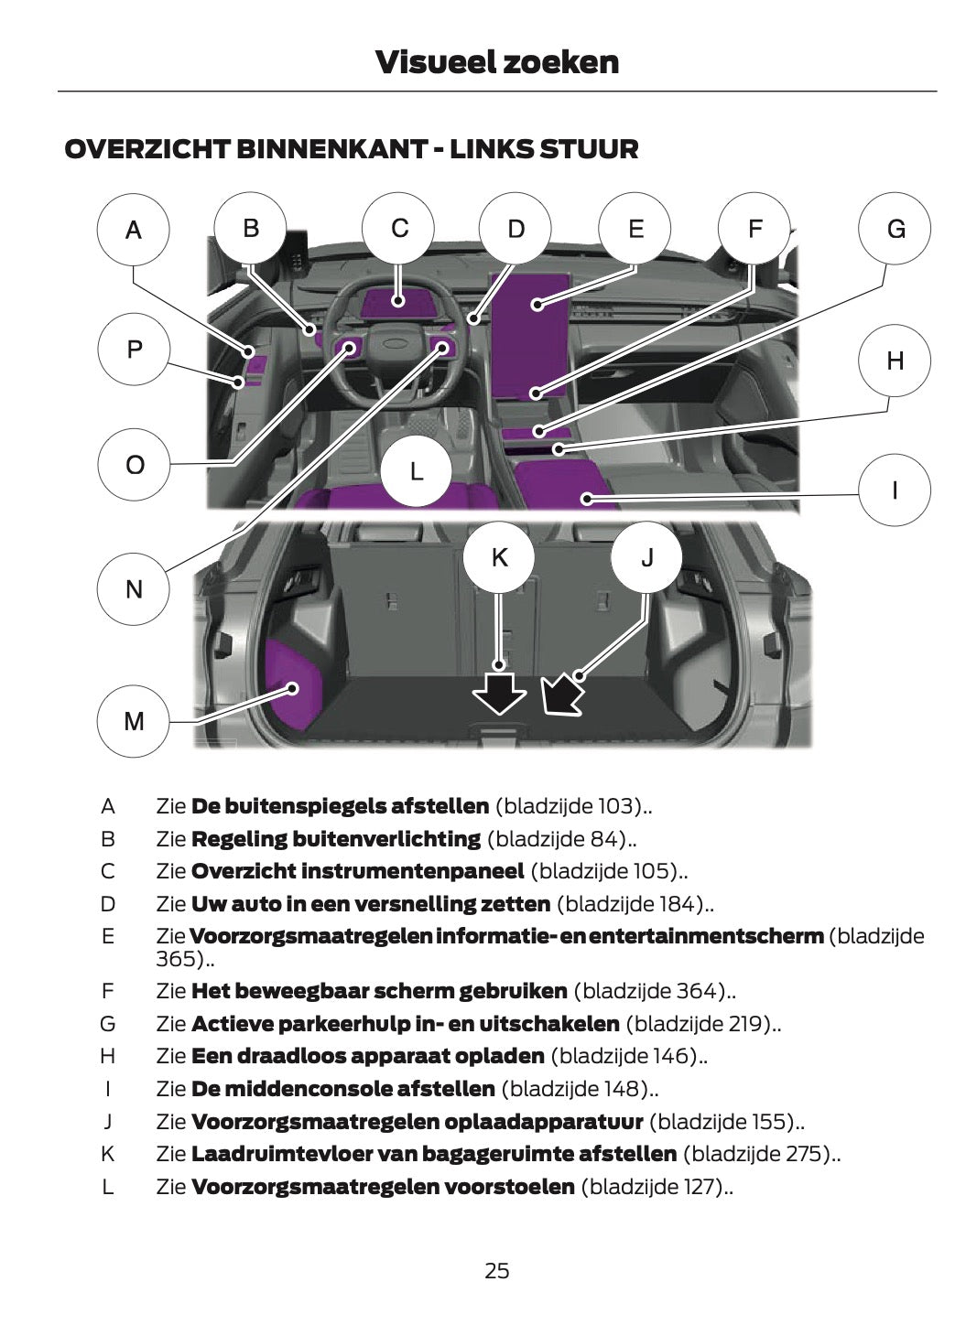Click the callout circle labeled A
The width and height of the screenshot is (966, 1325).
(x=134, y=230)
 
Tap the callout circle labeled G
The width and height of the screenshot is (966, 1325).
(x=895, y=229)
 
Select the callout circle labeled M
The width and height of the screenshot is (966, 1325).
(x=134, y=721)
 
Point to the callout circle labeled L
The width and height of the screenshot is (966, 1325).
(x=416, y=471)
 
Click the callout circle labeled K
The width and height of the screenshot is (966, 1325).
(x=499, y=557)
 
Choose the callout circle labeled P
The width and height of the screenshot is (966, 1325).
(x=134, y=349)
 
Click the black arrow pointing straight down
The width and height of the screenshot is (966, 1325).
(x=499, y=695)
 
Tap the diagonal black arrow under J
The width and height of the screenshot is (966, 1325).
(x=561, y=694)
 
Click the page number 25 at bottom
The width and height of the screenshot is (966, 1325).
(x=496, y=1271)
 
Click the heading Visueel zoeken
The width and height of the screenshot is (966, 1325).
(x=496, y=62)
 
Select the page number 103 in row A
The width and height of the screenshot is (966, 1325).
(x=620, y=806)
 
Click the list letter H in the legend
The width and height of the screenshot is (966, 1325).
(x=107, y=1056)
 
